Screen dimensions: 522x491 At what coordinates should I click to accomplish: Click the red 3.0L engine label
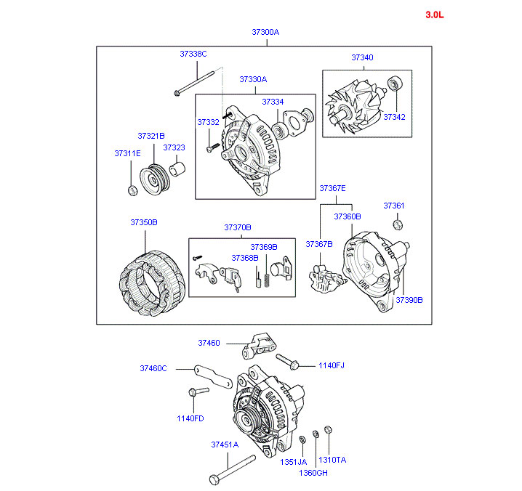pyautogui.click(x=435, y=15)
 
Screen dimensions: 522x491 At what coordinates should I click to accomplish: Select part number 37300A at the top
pyautogui.click(x=265, y=32)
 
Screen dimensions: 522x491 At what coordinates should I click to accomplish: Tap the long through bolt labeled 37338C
pyautogui.click(x=194, y=84)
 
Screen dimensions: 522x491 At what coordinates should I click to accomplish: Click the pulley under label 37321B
pyautogui.click(x=155, y=180)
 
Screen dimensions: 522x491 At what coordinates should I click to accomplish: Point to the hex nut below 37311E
pyautogui.click(x=133, y=190)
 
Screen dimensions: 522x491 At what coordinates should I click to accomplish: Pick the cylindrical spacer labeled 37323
pyautogui.click(x=177, y=169)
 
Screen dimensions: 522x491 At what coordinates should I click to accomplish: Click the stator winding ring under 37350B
pyautogui.click(x=151, y=283)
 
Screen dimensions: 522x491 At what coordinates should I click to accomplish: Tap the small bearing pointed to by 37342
pyautogui.click(x=395, y=83)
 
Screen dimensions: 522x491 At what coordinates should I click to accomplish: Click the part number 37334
pyautogui.click(x=273, y=102)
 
